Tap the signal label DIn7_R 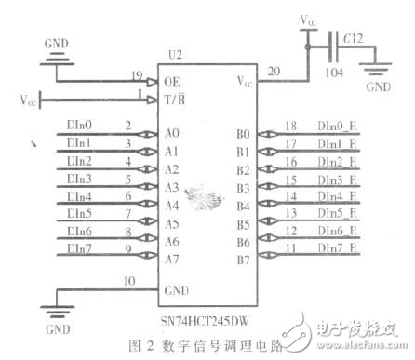[312, 247]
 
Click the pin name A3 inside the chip [171, 188]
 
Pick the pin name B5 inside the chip [243, 223]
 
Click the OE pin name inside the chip [171, 81]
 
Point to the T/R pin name [174, 100]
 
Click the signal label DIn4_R [312, 195]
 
